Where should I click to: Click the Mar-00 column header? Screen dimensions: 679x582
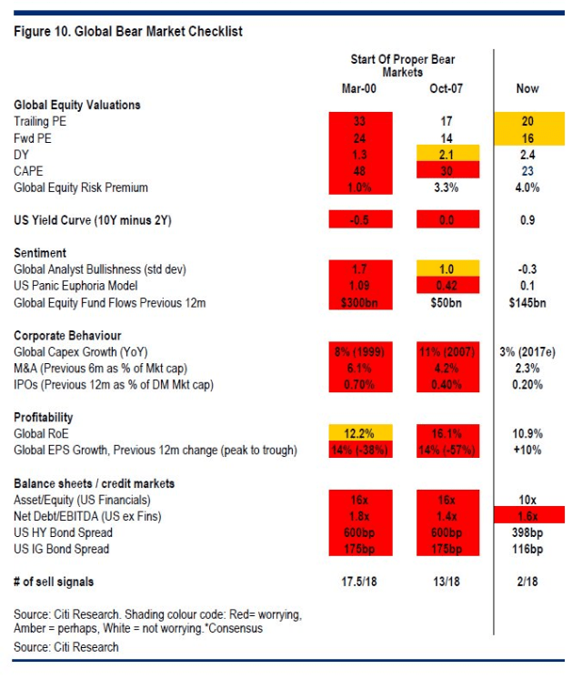tap(361, 88)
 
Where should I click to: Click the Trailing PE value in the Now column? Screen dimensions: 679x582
tap(527, 121)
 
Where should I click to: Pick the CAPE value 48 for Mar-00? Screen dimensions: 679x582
tap(361, 170)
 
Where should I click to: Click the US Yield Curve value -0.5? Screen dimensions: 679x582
tap(361, 219)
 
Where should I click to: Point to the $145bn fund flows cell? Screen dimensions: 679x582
tap(527, 301)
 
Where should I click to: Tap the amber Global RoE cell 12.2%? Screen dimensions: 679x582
tap(361, 432)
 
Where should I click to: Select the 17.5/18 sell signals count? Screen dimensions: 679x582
tap(361, 581)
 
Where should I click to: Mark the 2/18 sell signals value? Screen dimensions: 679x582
tap(527, 581)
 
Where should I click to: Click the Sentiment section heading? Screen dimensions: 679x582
tap(42, 252)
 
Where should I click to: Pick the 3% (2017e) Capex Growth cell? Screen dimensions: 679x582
tap(527, 350)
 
